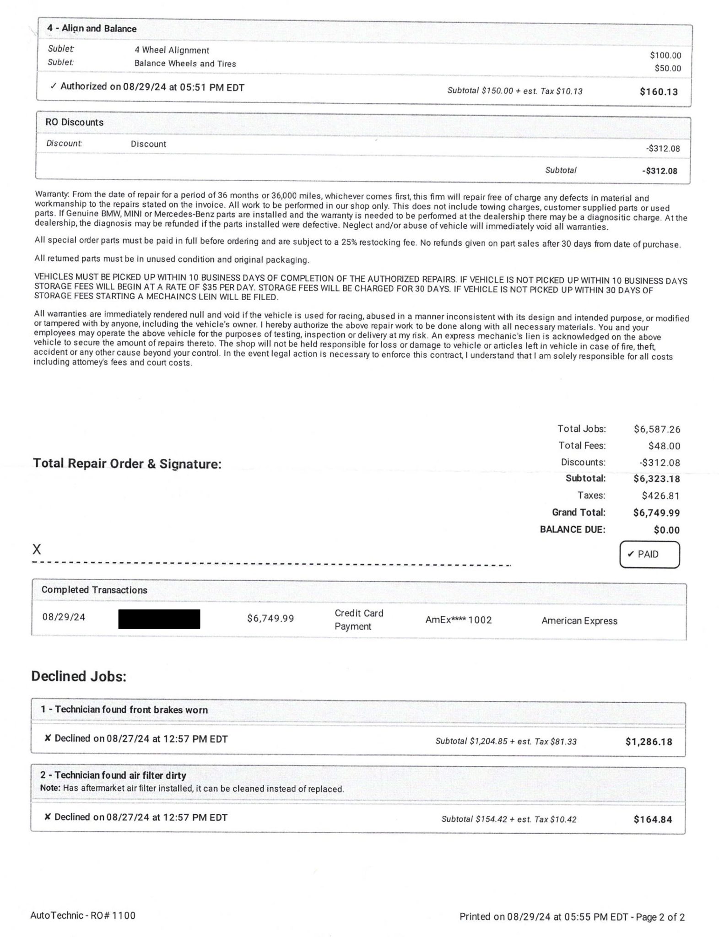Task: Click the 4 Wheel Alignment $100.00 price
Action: coord(665,56)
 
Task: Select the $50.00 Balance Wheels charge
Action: coord(668,69)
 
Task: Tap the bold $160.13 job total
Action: coord(659,92)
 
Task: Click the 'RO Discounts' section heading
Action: coord(75,123)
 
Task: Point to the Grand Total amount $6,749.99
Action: coord(656,513)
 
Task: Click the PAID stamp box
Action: coord(649,555)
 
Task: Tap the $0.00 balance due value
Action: coord(666,530)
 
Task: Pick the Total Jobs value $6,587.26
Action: coord(657,430)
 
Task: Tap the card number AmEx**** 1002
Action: coord(458,620)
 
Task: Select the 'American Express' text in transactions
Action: coord(579,621)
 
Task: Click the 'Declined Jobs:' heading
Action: coord(79,676)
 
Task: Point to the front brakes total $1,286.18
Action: coord(649,742)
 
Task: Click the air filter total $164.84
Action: coord(653,820)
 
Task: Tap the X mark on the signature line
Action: coord(37,549)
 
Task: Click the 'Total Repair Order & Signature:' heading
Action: coord(127,464)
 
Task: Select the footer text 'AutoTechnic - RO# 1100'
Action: coord(83,915)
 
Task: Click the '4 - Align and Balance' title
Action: coord(92,29)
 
